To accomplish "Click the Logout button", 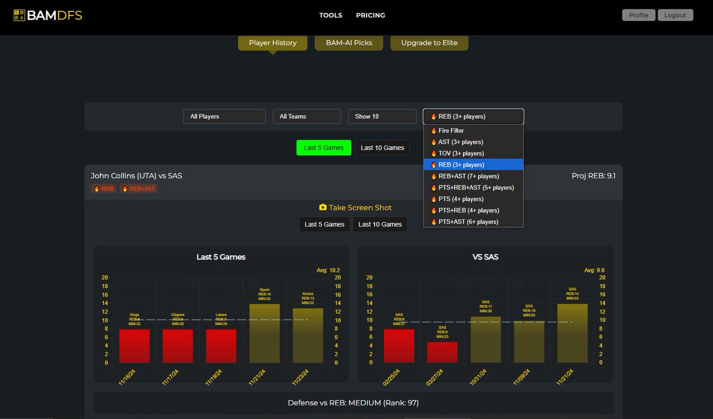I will coord(675,15).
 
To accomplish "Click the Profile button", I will coord(638,15).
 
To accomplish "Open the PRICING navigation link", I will coord(370,15).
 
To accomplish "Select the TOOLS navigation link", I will coord(330,15).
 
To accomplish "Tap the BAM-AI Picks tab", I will coord(349,43).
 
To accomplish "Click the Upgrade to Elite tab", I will coord(429,43).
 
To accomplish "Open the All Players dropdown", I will coord(224,116).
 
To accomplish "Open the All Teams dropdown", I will coord(307,116).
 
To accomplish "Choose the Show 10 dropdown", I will coord(381,116).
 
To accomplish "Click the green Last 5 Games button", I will coord(324,148).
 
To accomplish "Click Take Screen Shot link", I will coord(355,208).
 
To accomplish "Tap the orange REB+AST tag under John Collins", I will coord(138,189).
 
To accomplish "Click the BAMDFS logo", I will coord(48,15).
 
